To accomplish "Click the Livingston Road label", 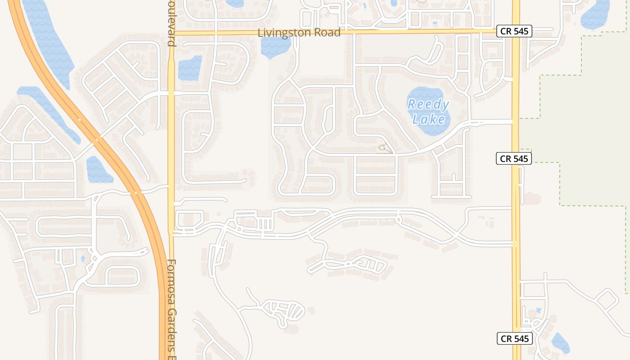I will coord(299,33).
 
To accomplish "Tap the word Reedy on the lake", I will coord(428,105).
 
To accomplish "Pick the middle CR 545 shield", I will coord(514,158).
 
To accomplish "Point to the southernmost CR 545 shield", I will coord(515,338).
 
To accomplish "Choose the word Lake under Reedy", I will coord(428,119).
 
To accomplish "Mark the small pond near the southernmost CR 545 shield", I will coord(560,343).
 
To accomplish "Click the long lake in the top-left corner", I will coord(47,40).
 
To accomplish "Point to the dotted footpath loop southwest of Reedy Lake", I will coord(383,148).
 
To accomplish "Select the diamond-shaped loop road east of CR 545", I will coord(607,300).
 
